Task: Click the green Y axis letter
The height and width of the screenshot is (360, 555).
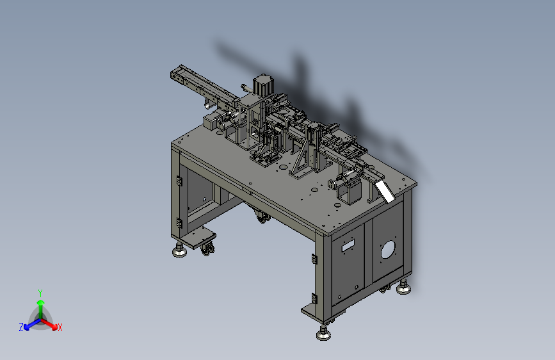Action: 40,293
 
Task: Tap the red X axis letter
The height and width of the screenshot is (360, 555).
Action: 60,327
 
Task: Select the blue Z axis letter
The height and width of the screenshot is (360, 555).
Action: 21,327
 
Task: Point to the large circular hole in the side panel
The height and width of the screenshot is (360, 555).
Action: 389,249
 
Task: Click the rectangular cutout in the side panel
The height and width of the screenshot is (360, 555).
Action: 348,245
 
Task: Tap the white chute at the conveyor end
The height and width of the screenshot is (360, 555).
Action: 385,192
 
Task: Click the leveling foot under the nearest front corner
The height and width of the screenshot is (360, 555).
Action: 323,333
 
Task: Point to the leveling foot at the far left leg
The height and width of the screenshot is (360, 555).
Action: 179,250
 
